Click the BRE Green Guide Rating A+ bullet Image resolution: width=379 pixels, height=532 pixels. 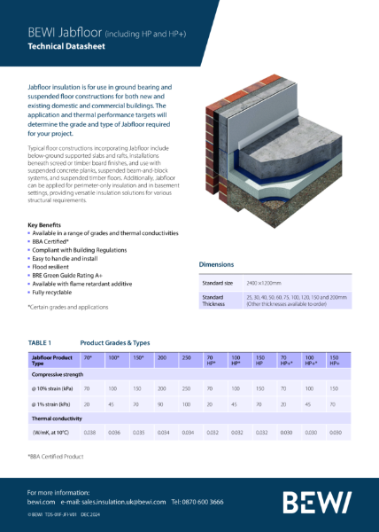tap(69, 273)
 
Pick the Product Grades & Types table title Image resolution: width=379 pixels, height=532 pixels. tap(115, 341)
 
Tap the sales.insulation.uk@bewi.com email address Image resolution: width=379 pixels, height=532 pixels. tap(122, 501)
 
